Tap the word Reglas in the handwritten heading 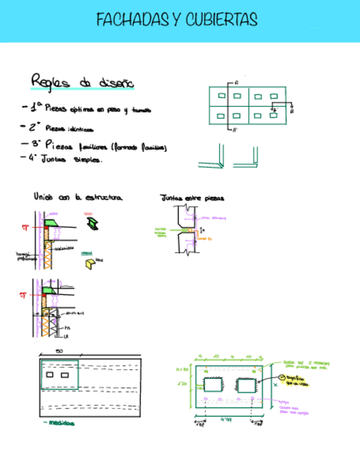click(51, 81)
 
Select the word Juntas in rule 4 click(54, 160)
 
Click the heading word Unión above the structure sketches click(43, 196)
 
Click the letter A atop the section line click(235, 83)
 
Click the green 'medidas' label click(61, 423)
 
